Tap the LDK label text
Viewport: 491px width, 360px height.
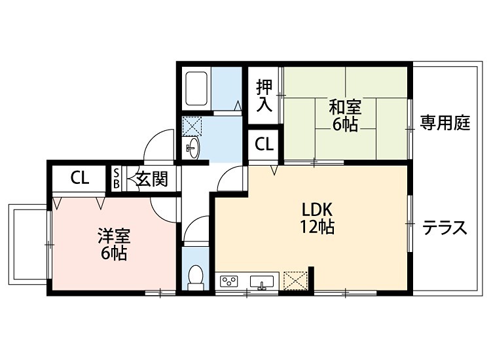[318, 210]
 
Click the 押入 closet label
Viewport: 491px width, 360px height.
[264, 95]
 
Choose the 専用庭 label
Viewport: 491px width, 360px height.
[445, 122]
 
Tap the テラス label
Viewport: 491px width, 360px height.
[445, 228]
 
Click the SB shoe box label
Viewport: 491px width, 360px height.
[117, 178]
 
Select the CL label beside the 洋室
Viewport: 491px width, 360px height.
[80, 178]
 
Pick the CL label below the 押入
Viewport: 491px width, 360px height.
[264, 145]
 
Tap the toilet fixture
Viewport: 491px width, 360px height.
[195, 278]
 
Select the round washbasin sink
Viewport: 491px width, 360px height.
[192, 147]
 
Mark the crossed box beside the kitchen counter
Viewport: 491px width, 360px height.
[295, 281]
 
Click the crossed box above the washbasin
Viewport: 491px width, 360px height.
[192, 125]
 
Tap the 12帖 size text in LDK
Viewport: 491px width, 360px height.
[318, 227]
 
